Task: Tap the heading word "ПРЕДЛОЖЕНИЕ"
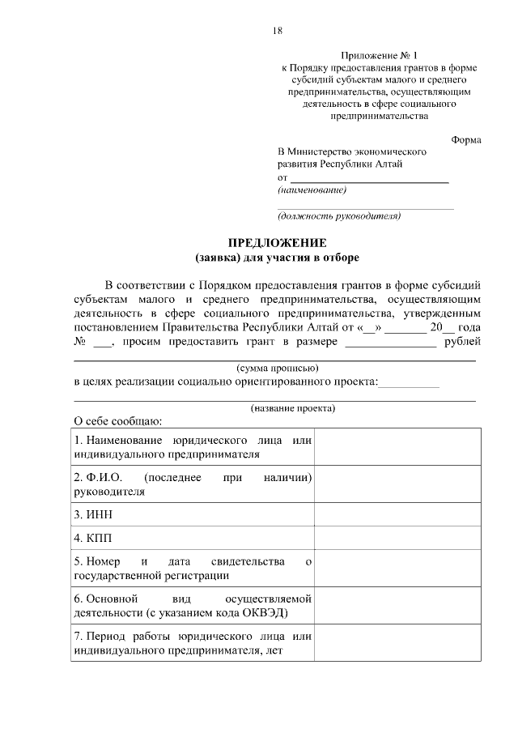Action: (x=276, y=243)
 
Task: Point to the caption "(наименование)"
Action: (x=312, y=190)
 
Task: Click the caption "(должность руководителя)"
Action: (x=339, y=216)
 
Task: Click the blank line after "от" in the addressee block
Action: (x=369, y=177)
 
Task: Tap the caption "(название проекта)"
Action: (x=292, y=407)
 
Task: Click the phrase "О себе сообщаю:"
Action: (x=118, y=421)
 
